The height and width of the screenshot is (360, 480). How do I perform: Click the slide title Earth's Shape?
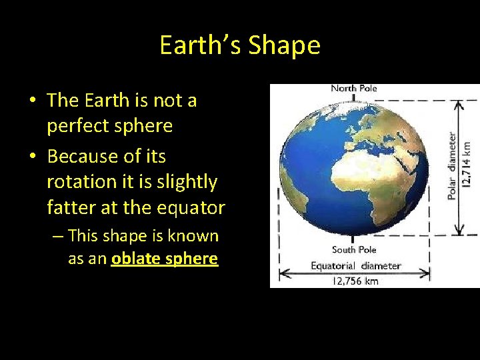240,45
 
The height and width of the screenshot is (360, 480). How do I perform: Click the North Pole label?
353,89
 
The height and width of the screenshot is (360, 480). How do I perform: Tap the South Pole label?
354,249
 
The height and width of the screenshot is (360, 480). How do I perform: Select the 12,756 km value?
355,281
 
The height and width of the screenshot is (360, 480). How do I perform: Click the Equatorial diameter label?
356,265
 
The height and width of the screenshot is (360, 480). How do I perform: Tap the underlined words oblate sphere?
165,259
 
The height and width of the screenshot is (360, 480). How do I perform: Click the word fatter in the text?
71,207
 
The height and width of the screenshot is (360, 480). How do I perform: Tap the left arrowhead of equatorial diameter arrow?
283,273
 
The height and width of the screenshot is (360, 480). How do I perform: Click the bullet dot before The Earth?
32,101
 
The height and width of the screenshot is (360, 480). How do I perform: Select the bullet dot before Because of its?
32,157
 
